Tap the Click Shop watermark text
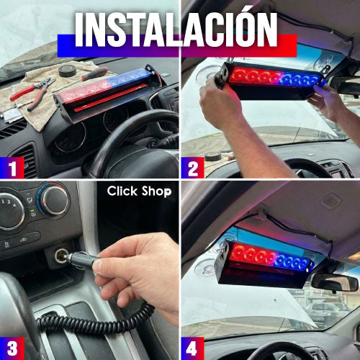[140, 192]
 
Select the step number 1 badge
[12, 168]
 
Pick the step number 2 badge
[193, 168]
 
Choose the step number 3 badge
[12, 348]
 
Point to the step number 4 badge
[193, 348]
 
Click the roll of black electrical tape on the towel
[68, 71]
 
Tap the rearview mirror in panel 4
[335, 282]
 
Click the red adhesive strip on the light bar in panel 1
[111, 98]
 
